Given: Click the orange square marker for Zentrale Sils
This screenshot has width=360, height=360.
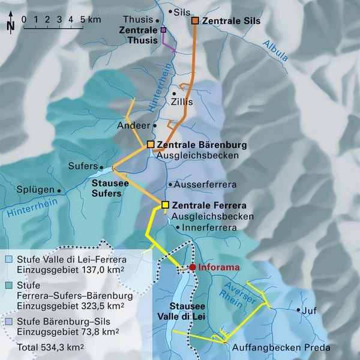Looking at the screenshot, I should point(195,21).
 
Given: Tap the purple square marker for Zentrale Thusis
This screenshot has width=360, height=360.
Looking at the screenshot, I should point(163,29).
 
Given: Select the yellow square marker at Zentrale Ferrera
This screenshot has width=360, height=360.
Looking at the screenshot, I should point(165,205).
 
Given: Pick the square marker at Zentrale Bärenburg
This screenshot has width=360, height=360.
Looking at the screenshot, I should point(151,145).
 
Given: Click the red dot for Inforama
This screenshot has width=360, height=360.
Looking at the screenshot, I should point(192,267).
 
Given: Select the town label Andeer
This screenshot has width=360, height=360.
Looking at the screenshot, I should point(136,125).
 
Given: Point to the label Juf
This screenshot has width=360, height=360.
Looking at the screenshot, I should point(310,311).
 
